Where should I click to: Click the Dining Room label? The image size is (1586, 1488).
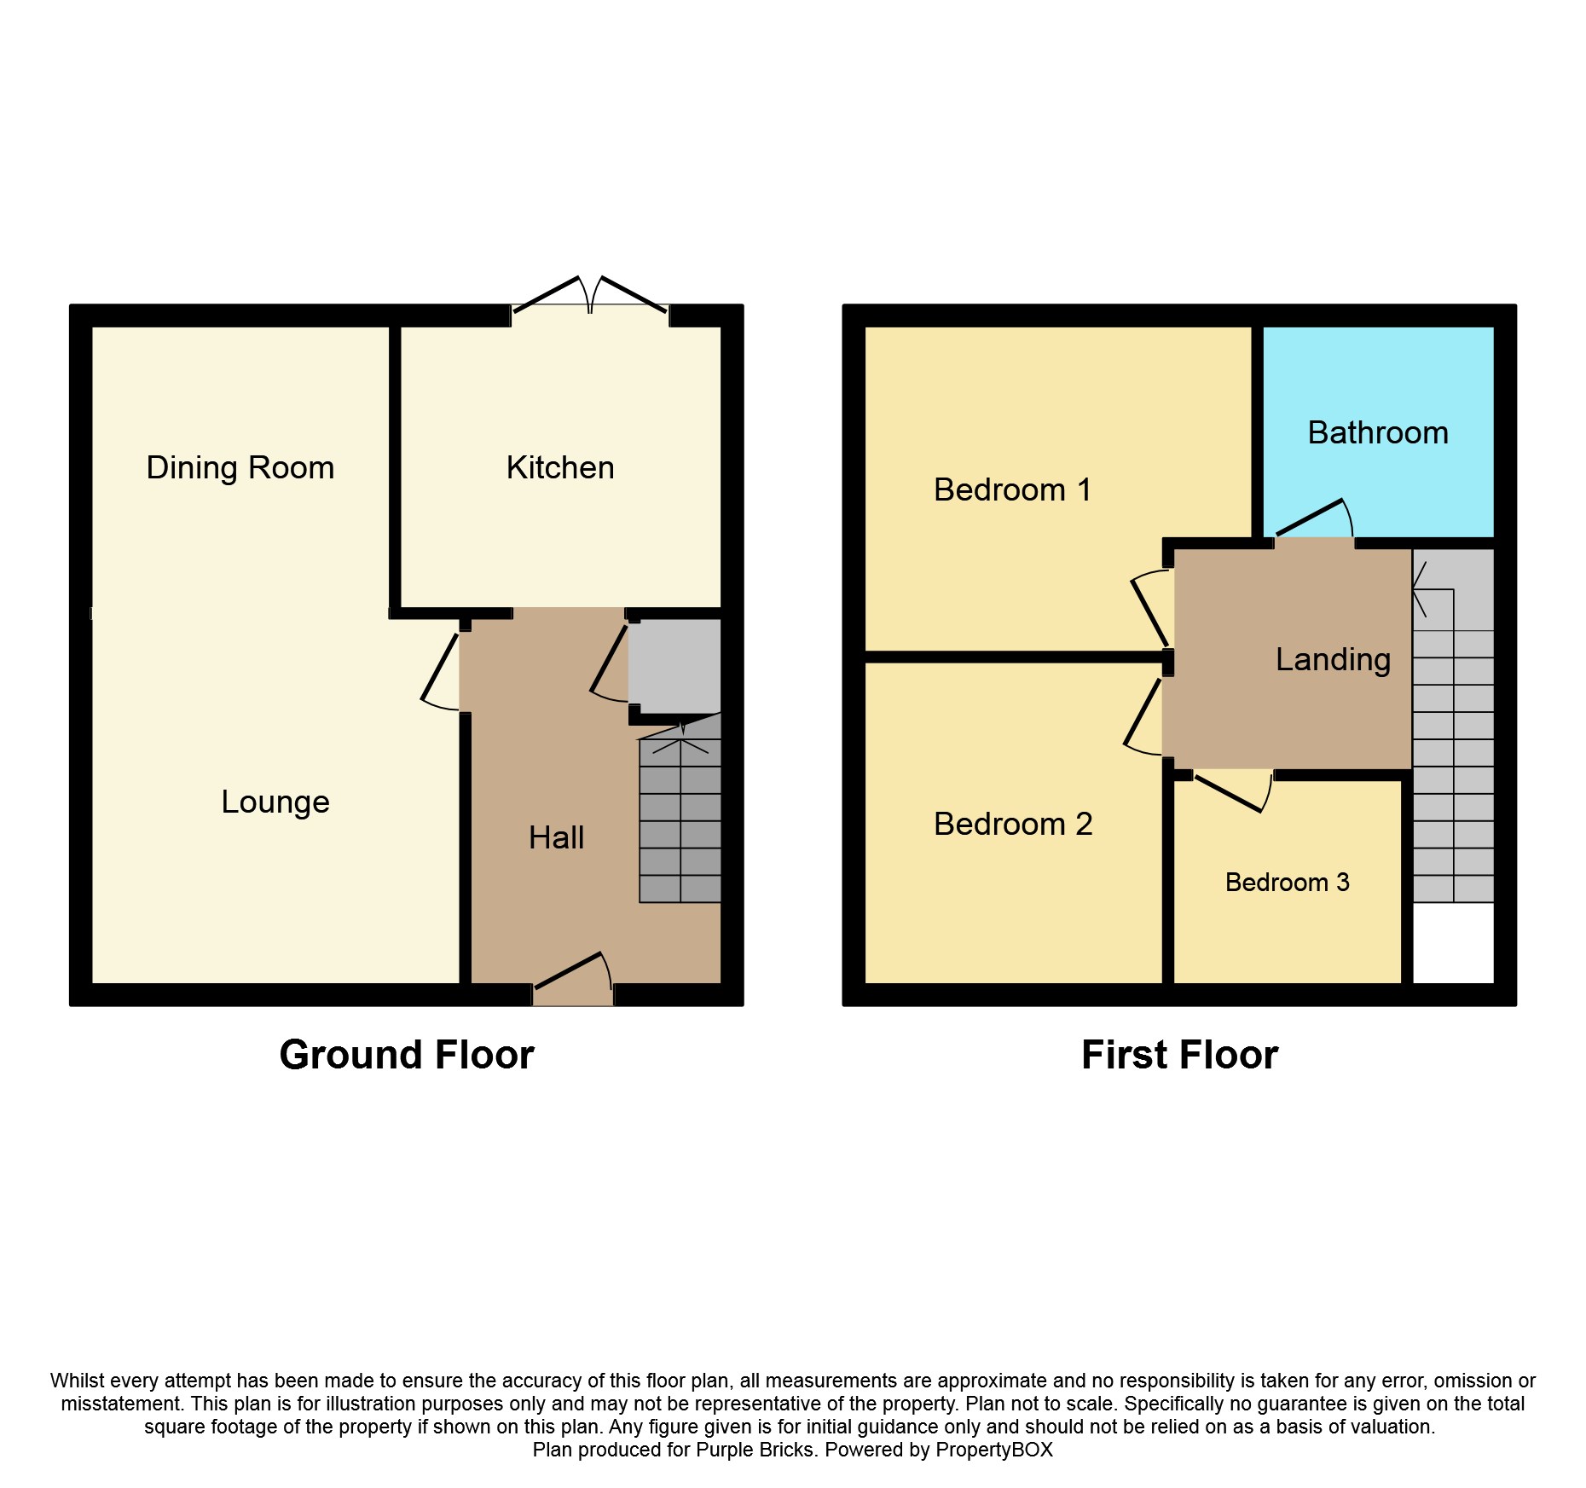coord(240,468)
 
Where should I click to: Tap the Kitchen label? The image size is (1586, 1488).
coord(560,468)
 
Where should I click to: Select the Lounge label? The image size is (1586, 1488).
coord(275,802)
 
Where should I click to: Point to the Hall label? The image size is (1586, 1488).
coord(556,838)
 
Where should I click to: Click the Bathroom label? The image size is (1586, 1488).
coord(1378,433)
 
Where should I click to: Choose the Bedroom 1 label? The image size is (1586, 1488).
coord(1012,490)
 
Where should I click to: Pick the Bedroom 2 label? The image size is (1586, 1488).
coord(1013,825)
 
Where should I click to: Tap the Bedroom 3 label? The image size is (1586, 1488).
coord(1287,883)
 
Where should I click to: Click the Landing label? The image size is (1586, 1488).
coord(1333,660)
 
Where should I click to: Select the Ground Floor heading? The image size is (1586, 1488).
coord(407,1056)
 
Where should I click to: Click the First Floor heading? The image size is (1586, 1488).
coord(1179,1056)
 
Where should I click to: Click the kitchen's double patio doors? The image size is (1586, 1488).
coord(590,296)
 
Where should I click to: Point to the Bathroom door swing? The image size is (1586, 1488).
coord(1314,518)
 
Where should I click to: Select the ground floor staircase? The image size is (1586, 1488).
coord(680,819)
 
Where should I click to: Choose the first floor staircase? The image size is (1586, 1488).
coord(1453,750)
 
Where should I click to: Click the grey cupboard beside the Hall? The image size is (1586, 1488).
coord(675,665)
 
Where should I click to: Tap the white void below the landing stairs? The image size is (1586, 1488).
coord(1453,943)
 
